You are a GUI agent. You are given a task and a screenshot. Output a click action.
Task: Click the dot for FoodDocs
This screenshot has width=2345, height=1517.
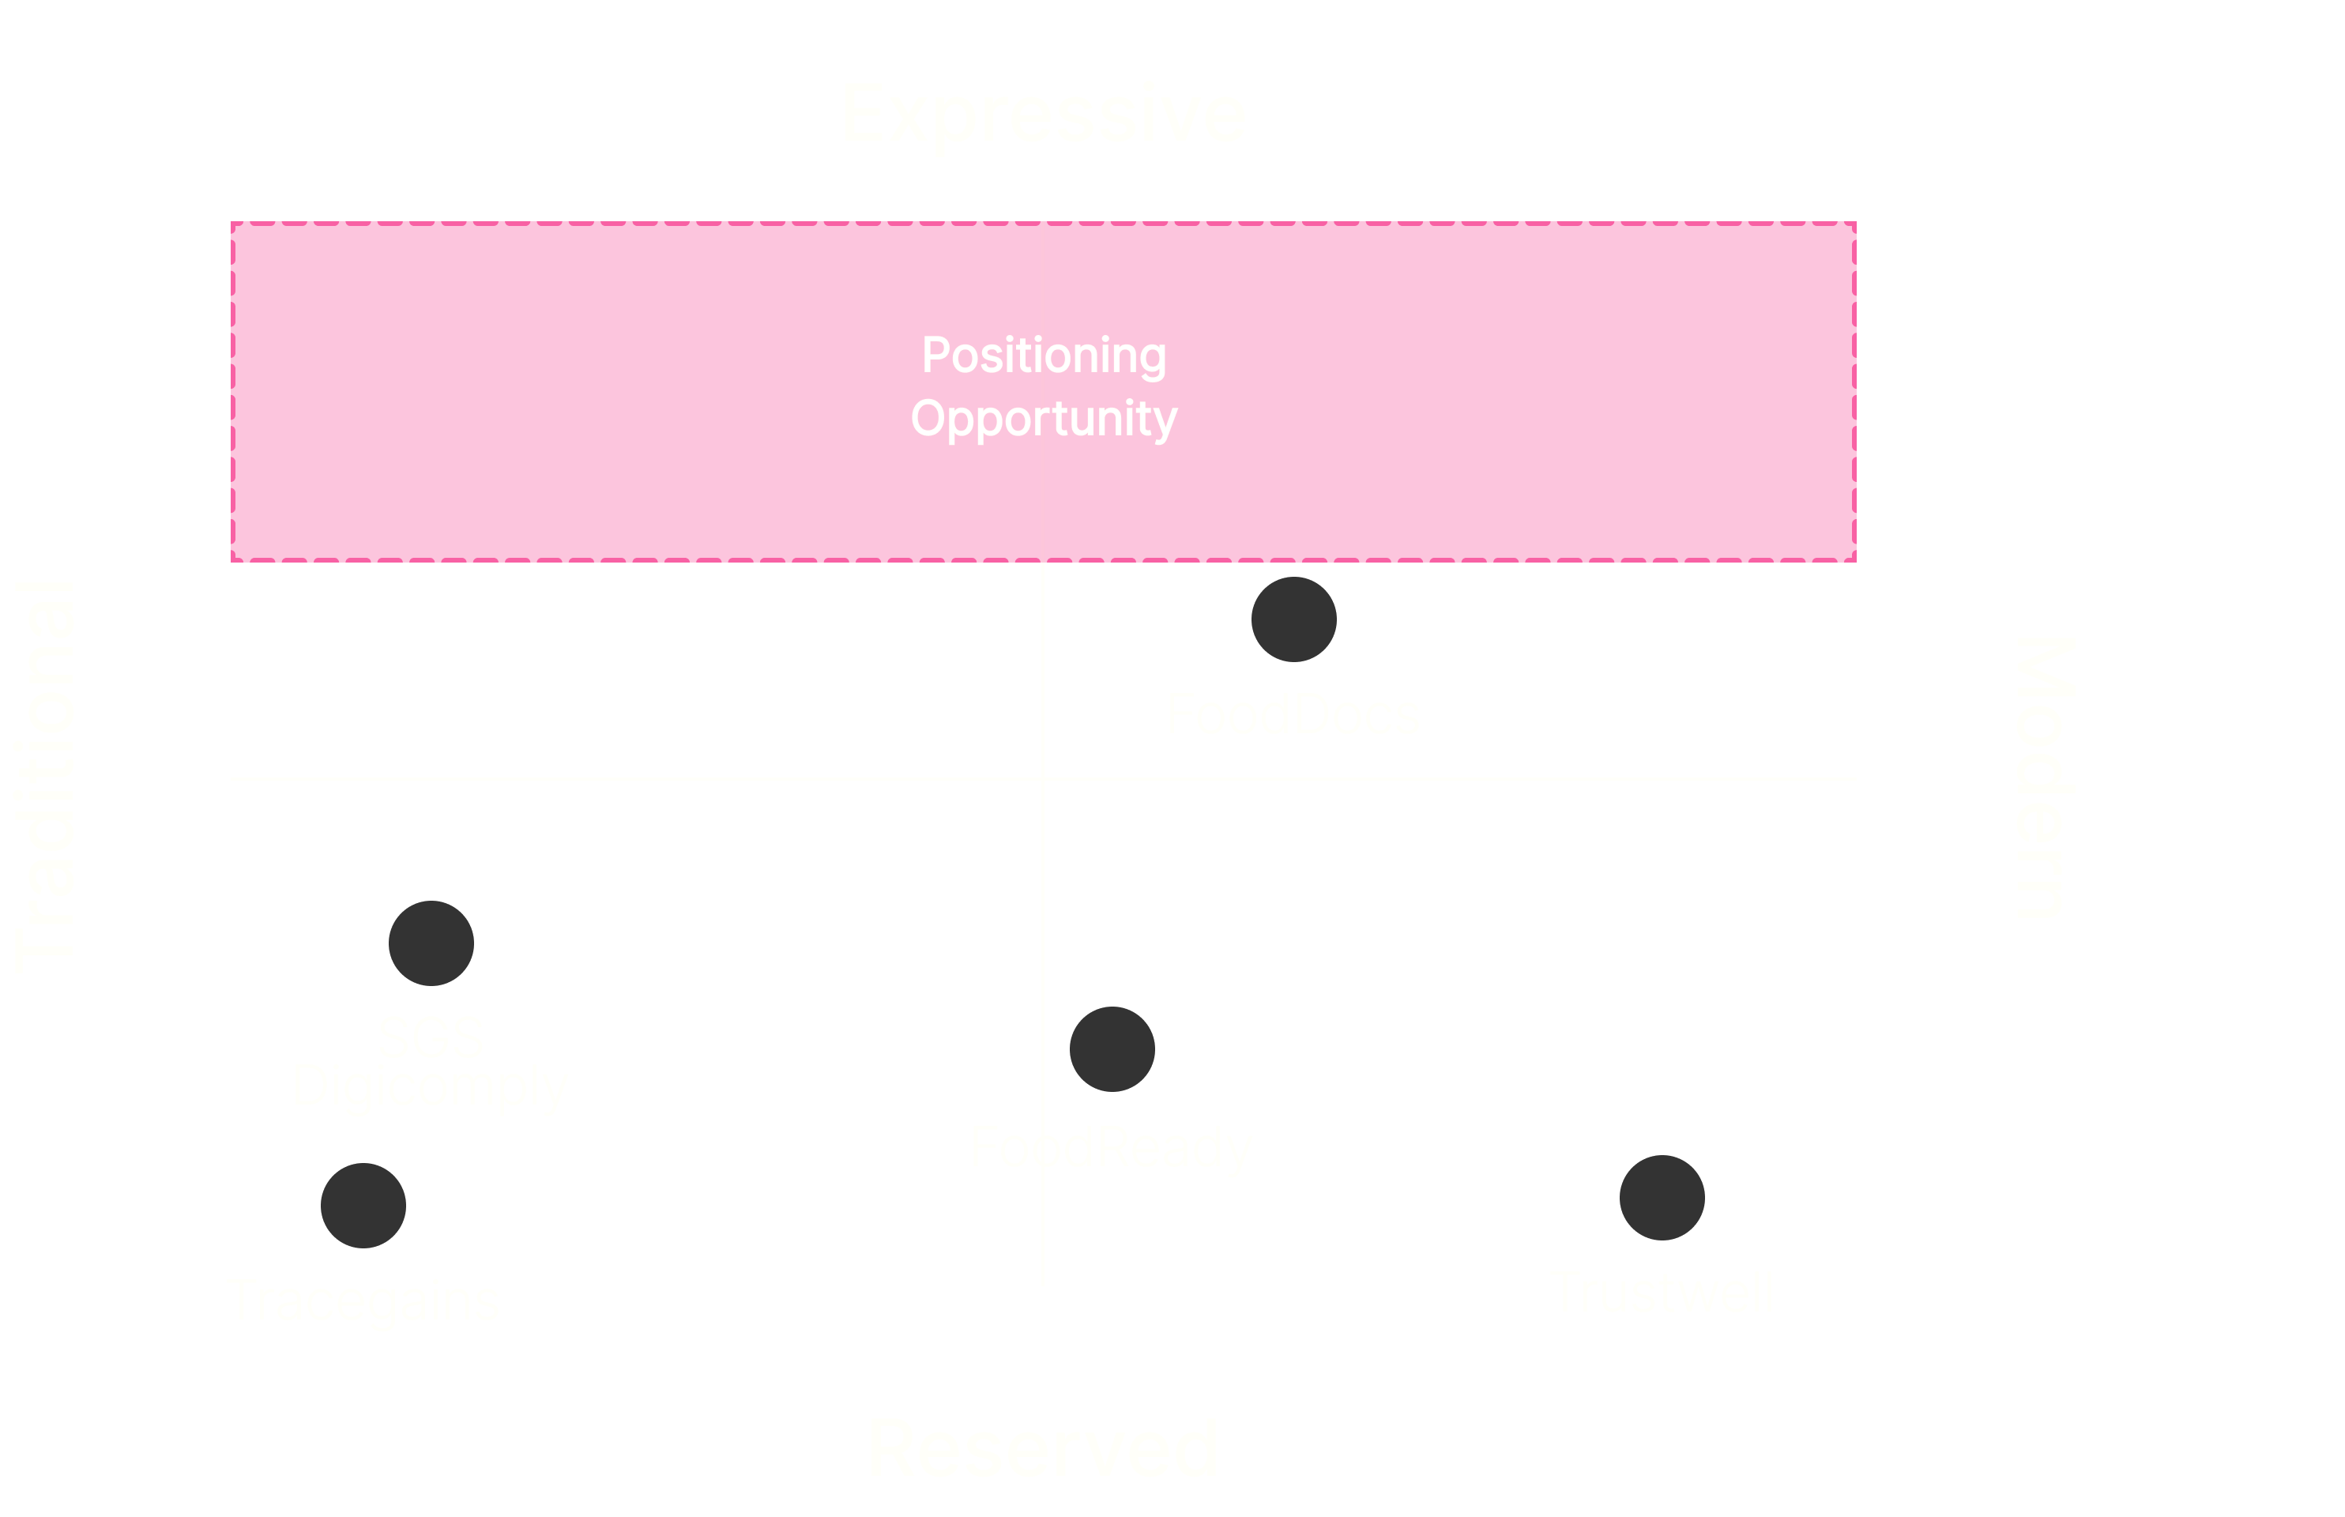[1293, 619]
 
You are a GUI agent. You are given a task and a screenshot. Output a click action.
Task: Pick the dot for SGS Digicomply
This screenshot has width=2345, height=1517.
[431, 943]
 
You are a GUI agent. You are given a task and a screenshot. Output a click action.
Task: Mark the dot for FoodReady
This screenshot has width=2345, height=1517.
[1112, 1049]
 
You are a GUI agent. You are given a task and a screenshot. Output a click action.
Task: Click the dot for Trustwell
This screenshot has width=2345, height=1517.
[1662, 1198]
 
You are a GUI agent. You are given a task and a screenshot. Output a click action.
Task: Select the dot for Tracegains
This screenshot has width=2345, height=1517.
[363, 1206]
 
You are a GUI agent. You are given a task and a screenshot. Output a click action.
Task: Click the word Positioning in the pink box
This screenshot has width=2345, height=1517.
[1044, 355]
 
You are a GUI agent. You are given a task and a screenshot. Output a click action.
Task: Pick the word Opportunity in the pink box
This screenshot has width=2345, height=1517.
[1044, 419]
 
